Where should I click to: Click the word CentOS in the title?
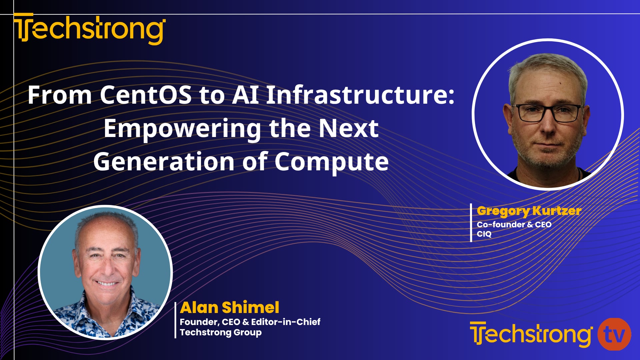tap(146, 95)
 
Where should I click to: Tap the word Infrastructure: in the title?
tap(360, 95)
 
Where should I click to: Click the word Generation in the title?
tap(164, 162)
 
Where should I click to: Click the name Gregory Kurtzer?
tap(529, 211)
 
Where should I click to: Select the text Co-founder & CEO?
tap(514, 225)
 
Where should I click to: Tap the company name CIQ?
tap(484, 234)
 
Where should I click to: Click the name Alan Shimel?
tap(230, 307)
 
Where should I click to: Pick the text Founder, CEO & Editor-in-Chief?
tap(250, 322)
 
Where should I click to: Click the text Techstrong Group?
tap(221, 333)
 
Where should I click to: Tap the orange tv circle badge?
tap(614, 334)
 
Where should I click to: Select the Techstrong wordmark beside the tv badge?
tap(531, 334)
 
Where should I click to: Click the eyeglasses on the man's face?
tap(548, 113)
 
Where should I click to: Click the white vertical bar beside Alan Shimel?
tap(175, 320)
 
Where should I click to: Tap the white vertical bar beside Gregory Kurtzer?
tap(471, 222)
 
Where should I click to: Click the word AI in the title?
tap(246, 95)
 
